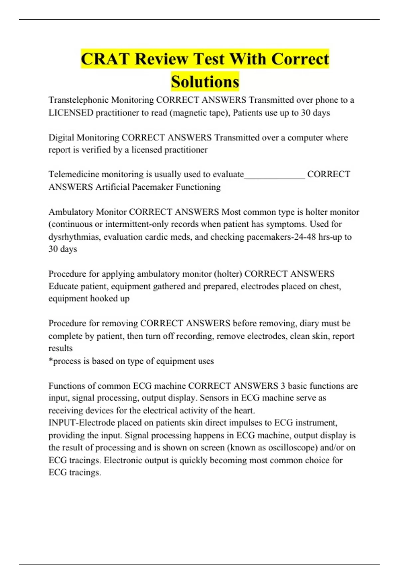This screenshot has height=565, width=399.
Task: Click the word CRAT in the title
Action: (105, 59)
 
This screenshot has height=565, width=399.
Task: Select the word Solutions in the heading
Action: (205, 82)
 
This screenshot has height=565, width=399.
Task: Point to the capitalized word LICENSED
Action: (71, 113)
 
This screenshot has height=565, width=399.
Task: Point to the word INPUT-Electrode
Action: (82, 423)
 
